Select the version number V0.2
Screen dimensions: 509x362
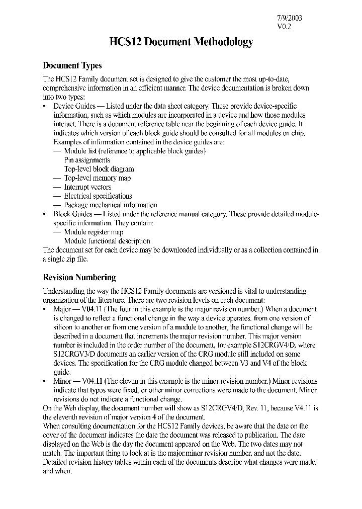[284, 27]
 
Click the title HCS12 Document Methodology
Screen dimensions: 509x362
[181, 42]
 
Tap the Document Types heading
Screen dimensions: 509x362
[72, 65]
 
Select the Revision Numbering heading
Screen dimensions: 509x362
[79, 277]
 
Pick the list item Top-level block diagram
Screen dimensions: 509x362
[99, 169]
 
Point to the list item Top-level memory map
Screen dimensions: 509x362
[98, 178]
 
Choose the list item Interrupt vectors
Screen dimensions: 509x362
[88, 187]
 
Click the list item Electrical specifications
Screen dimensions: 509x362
[98, 196]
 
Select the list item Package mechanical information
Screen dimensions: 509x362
[111, 205]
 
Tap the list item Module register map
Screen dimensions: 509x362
[94, 232]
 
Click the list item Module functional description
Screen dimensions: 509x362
[107, 241]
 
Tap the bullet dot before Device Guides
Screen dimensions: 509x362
[45, 107]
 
